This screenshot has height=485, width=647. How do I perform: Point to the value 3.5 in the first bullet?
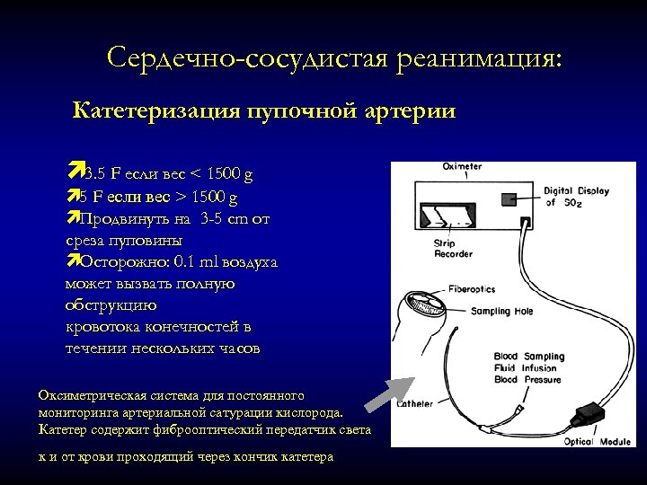(94, 173)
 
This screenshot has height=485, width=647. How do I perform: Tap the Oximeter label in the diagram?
(463, 166)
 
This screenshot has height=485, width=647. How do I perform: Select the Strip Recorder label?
(453, 249)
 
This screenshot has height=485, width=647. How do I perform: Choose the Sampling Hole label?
(501, 312)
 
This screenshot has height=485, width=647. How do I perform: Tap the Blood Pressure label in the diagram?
(528, 379)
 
